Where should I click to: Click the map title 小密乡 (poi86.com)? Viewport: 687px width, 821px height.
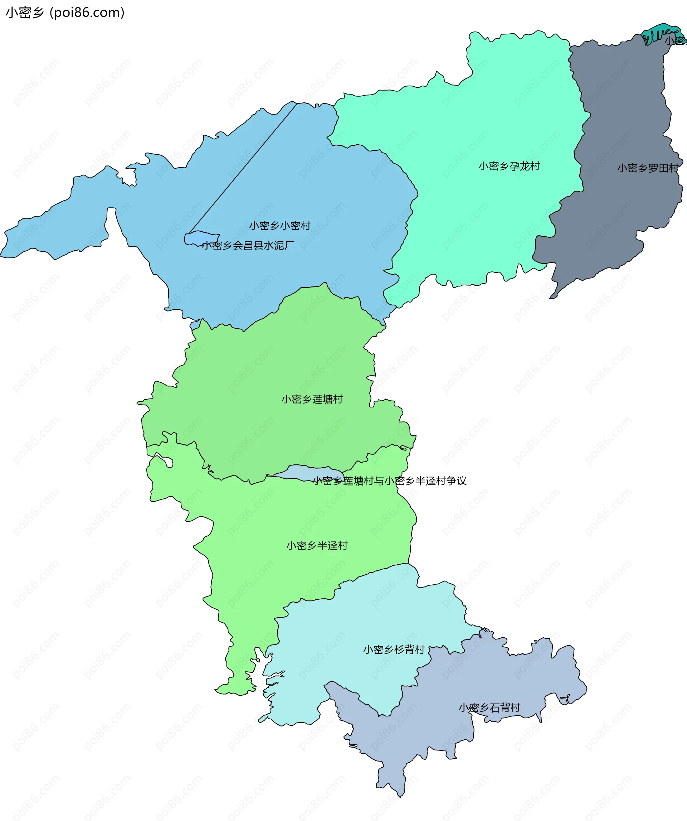click(65, 13)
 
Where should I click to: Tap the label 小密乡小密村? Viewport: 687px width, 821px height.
click(280, 226)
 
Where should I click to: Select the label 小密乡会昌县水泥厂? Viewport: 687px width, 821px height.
click(248, 246)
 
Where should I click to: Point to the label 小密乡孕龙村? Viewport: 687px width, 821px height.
click(509, 166)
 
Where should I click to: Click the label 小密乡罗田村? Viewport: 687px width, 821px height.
click(648, 168)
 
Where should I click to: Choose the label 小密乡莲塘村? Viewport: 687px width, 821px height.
click(312, 399)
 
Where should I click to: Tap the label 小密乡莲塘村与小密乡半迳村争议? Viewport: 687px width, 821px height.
click(389, 481)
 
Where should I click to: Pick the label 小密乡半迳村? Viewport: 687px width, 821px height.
click(317, 545)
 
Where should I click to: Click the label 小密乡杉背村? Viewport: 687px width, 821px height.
click(394, 650)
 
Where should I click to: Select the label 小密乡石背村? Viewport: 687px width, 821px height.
click(489, 707)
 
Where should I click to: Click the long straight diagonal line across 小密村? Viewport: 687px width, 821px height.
click(242, 168)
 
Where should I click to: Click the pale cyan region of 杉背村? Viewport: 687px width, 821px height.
click(352, 626)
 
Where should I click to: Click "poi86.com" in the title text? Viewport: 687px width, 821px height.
click(88, 13)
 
